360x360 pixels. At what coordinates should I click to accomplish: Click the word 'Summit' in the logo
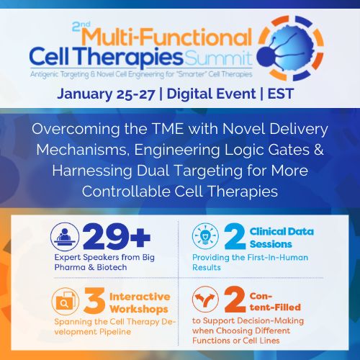point(219,57)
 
